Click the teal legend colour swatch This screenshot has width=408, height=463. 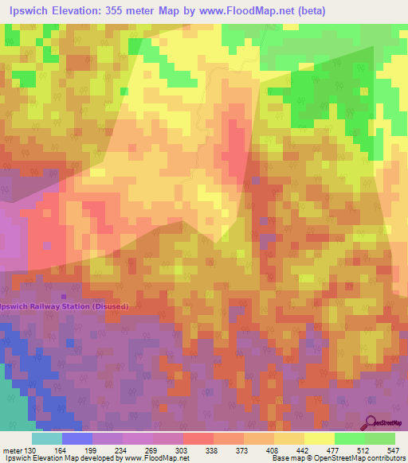point(46,438)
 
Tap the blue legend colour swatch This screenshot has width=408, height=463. point(76,438)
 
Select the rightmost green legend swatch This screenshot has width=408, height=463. point(380,438)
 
